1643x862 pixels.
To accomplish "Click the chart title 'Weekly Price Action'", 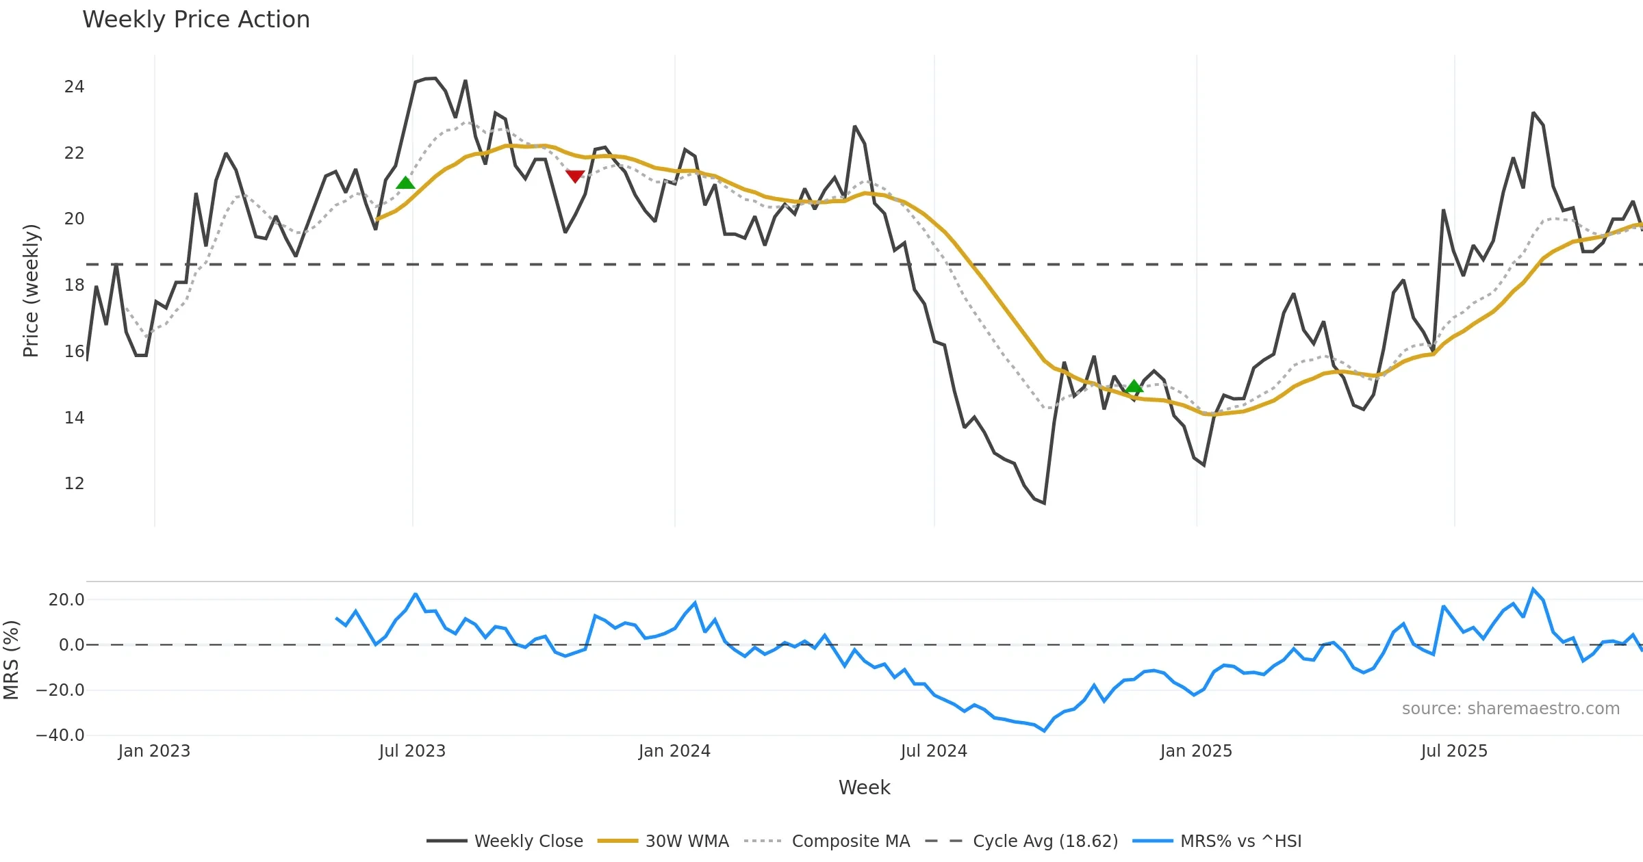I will (x=196, y=20).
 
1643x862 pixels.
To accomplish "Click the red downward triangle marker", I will (x=575, y=176).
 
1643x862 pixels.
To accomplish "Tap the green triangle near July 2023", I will (x=405, y=183).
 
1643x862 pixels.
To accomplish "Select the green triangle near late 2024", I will (x=1134, y=387).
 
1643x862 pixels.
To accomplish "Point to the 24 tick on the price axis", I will (x=74, y=87).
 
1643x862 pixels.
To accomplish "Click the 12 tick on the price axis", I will (x=74, y=484).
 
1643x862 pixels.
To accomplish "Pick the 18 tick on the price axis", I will (x=74, y=285).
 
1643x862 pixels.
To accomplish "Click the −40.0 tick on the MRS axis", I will (x=60, y=735).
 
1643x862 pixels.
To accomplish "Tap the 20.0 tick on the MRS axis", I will (x=66, y=600).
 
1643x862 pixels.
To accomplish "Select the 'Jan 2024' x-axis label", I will (x=674, y=751).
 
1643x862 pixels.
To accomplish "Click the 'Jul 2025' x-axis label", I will (x=1454, y=751).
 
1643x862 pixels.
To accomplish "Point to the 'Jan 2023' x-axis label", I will (x=154, y=751).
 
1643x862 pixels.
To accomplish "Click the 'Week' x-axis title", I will (x=864, y=787).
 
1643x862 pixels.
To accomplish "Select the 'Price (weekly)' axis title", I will (x=31, y=291).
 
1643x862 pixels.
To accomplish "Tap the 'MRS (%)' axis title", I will (x=12, y=659).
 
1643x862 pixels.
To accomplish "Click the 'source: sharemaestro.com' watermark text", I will (x=1510, y=709).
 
